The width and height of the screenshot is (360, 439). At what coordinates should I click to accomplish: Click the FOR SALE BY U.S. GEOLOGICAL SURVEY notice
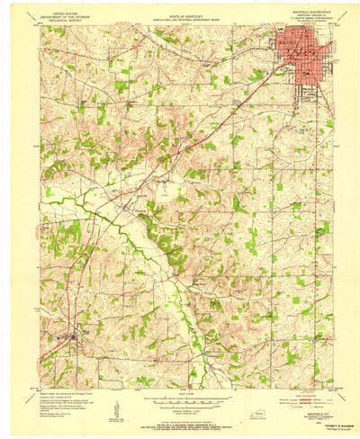(x=180, y=422)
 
